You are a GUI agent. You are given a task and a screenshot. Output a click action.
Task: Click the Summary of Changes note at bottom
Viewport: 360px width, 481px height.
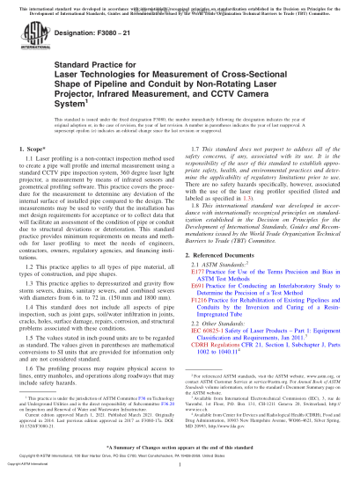[x=180, y=459]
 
